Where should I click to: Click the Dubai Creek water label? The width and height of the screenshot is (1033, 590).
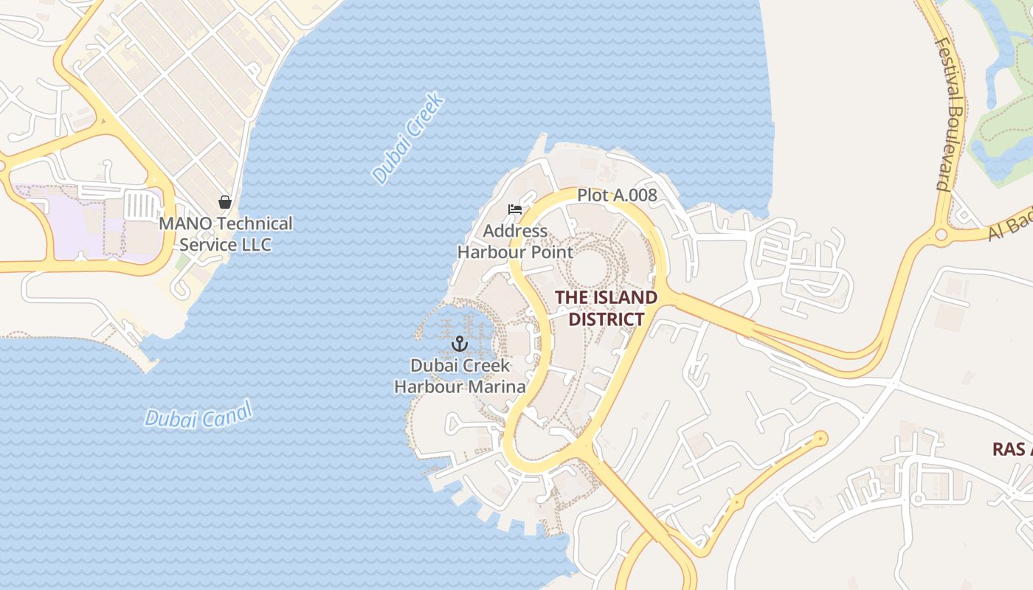(407, 138)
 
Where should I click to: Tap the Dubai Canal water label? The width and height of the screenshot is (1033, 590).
(198, 415)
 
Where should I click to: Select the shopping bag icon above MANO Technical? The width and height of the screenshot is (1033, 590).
(225, 201)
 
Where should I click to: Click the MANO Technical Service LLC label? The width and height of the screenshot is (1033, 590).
(226, 234)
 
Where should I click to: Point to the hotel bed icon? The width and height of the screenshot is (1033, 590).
(515, 209)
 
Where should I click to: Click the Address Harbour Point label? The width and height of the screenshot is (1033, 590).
(515, 242)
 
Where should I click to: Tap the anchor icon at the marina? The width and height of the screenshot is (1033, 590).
(460, 344)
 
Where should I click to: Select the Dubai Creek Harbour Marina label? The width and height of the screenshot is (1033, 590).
(460, 376)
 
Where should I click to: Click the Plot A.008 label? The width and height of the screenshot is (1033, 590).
(617, 195)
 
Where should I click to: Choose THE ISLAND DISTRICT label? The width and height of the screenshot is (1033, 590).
(606, 308)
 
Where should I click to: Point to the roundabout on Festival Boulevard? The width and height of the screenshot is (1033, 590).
(942, 235)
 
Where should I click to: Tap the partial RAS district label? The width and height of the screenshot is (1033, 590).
(1012, 449)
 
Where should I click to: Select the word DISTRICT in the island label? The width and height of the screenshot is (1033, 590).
(606, 319)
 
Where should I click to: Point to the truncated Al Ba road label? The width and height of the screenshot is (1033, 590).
(1011, 226)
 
